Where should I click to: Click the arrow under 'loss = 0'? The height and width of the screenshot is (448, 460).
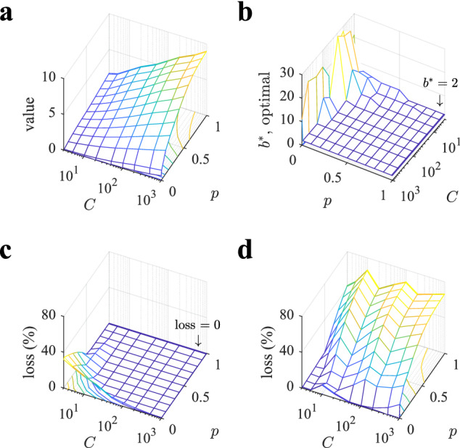[x=198, y=336]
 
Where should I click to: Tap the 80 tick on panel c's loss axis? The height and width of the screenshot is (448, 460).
[x=48, y=315]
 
